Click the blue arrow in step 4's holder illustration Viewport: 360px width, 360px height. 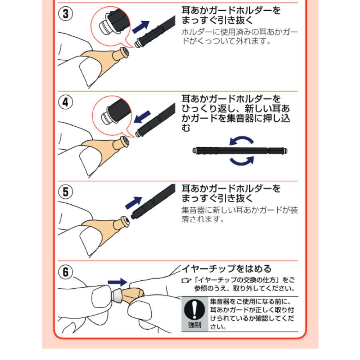point(142,117)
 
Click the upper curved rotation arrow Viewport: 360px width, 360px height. point(242,141)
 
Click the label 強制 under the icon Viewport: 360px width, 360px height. point(195,325)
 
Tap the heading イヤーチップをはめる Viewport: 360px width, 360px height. point(227,268)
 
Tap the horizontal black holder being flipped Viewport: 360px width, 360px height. point(240,151)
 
